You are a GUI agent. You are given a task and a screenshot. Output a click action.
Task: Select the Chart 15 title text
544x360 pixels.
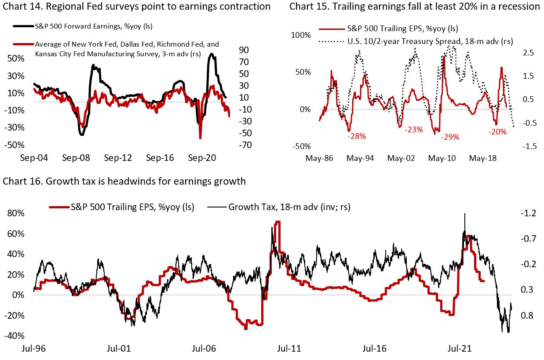tap(414, 6)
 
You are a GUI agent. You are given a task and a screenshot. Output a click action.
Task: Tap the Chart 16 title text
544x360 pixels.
tap(124, 181)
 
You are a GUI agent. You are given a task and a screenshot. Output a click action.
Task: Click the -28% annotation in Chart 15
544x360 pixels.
tap(356, 136)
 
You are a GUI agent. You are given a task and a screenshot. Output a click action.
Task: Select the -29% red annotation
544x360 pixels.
tap(450, 137)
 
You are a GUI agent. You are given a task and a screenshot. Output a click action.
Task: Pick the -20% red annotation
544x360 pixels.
tap(497, 131)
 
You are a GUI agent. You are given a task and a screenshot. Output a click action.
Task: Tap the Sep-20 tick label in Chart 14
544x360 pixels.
tap(202, 158)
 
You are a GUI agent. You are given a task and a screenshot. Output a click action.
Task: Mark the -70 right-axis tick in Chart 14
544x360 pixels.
tap(245, 145)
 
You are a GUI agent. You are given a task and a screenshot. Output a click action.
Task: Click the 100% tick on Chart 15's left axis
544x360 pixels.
tap(301, 35)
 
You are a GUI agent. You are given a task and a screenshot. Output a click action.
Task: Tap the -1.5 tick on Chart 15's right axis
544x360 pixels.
tap(528, 146)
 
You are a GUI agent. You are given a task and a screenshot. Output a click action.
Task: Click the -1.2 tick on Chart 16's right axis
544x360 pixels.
tap(528, 214)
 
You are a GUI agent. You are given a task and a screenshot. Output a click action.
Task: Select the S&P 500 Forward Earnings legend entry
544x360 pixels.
tap(93, 26)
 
